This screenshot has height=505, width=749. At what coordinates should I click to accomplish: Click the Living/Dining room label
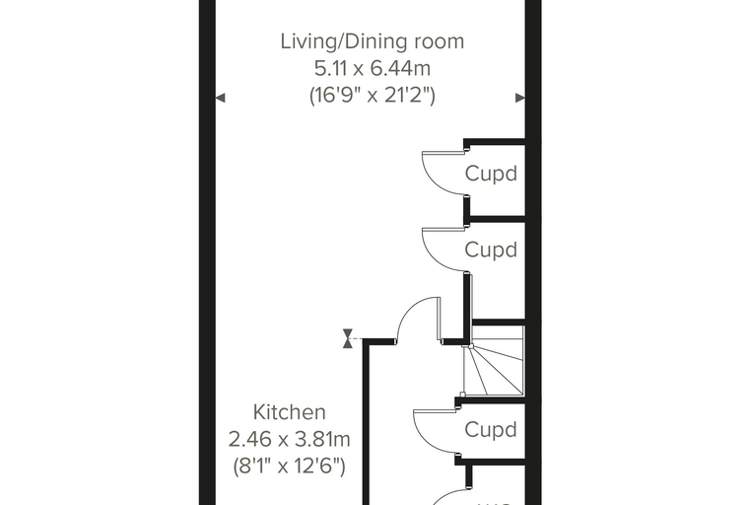(x=373, y=41)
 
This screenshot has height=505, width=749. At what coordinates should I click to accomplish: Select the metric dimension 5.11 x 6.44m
(x=373, y=68)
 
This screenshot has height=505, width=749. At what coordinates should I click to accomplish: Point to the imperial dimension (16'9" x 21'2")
(x=373, y=95)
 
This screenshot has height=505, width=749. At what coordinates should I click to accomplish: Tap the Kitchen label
(x=290, y=411)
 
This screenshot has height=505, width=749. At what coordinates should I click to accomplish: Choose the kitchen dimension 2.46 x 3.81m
(x=290, y=439)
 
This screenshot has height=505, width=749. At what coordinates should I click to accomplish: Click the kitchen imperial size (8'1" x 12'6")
(x=290, y=466)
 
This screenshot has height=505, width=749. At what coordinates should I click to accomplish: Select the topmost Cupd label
(x=491, y=174)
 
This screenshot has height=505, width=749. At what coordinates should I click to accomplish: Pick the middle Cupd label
(x=491, y=251)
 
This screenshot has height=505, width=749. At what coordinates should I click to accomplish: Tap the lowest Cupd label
(x=491, y=429)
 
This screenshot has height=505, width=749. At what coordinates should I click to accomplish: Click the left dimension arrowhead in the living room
(x=220, y=98)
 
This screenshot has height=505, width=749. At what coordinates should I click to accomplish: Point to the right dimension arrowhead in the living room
(x=520, y=98)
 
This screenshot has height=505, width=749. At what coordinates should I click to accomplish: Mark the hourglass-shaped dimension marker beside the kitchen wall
(x=348, y=338)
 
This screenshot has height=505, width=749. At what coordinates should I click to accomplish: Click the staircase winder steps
(x=495, y=362)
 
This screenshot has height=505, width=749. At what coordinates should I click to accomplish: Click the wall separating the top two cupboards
(x=496, y=220)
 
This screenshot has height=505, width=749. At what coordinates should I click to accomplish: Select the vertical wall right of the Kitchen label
(x=367, y=422)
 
